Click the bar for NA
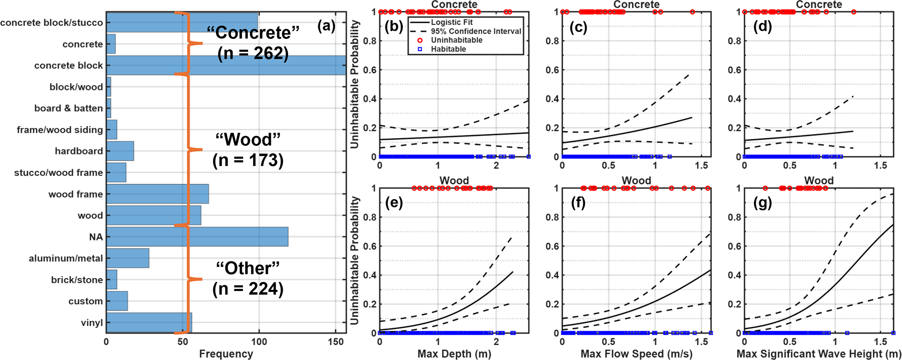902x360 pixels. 197,237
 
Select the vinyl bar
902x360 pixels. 149,322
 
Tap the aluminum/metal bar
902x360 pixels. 127,258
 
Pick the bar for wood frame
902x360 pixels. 157,194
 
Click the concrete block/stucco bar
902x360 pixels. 182,22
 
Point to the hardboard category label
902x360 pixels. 79,151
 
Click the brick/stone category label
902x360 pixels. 77,280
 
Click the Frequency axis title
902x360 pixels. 226,353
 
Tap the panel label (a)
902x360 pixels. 326,27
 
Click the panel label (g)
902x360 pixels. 762,203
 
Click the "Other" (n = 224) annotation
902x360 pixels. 248,278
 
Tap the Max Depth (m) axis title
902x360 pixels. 454,353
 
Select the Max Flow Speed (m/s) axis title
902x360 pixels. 636,353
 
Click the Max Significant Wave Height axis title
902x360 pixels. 819,353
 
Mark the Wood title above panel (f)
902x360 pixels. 636,180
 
